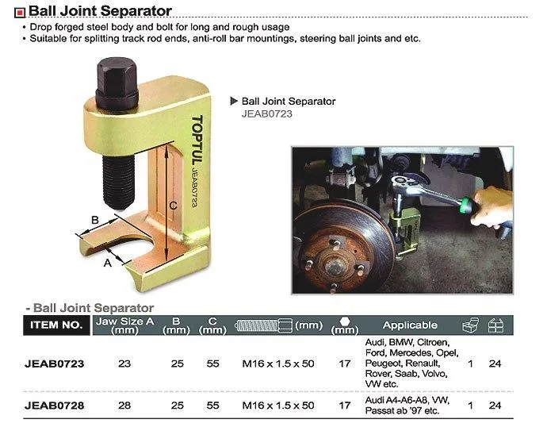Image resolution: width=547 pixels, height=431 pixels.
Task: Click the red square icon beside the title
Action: [x=20, y=13]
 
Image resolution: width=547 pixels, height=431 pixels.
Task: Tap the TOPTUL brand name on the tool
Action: [x=197, y=140]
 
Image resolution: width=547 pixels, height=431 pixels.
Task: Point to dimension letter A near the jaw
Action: [x=108, y=262]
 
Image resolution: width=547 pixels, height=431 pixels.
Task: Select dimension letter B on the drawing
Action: [x=95, y=220]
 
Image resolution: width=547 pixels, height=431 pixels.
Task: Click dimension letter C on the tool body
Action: [x=173, y=206]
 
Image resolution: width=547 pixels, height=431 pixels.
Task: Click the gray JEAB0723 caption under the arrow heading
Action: [x=267, y=114]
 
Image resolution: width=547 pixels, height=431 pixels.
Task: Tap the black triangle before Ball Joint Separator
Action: [x=234, y=101]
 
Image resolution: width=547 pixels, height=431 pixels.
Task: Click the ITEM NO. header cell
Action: [x=56, y=325]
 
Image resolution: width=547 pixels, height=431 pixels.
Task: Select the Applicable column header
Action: [x=410, y=325]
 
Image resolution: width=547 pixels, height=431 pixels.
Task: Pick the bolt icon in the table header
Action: [x=264, y=325]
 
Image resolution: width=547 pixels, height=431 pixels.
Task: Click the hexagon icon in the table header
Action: [x=345, y=321]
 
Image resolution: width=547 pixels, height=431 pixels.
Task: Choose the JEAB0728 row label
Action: [x=55, y=406]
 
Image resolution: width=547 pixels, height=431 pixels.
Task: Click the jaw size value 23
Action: [x=124, y=364]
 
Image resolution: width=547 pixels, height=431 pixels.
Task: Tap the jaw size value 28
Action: [x=124, y=406]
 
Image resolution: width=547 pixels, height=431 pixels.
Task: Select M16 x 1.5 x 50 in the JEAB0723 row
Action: [x=278, y=364]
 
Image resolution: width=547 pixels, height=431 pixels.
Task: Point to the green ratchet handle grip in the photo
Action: [x=469, y=205]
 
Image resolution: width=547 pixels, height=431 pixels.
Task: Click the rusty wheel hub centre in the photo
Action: [x=334, y=266]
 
